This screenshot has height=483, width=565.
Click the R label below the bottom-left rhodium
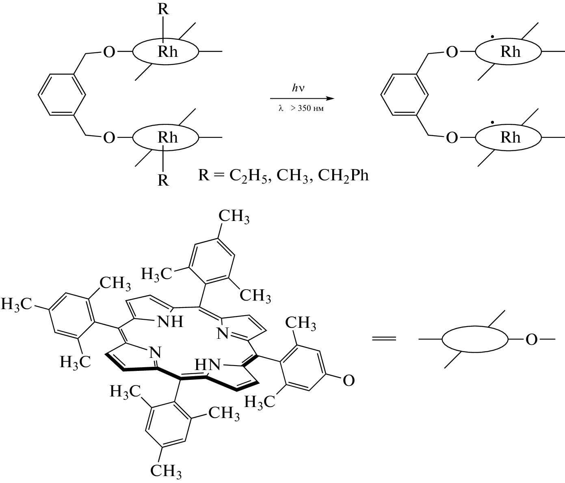(163, 180)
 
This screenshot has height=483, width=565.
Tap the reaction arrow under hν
(302, 98)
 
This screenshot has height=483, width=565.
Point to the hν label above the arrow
(298, 88)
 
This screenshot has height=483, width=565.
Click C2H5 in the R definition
(248, 176)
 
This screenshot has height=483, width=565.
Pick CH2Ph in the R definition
(343, 176)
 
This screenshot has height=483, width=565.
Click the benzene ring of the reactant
(61, 95)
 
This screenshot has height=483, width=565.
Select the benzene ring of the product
(404, 95)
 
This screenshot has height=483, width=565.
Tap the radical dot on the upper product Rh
(492, 36)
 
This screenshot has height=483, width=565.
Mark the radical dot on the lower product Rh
(492, 122)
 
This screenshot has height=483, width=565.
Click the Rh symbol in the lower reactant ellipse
(168, 137)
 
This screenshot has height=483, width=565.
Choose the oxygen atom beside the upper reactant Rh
(109, 52)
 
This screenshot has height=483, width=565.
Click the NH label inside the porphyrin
(170, 322)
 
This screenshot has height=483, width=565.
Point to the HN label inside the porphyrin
(207, 364)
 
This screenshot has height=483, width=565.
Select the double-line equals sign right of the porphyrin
(384, 339)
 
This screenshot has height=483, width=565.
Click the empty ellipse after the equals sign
(475, 339)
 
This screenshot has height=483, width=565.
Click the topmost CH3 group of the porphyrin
(234, 217)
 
